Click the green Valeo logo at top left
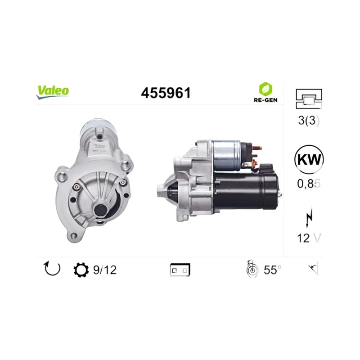click(52, 92)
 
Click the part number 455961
click(166, 93)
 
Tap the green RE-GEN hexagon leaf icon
click(265, 89)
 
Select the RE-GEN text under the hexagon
click(265, 100)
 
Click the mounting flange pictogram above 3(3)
click(309, 99)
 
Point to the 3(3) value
click(309, 121)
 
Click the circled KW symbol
click(309, 159)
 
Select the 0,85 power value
click(309, 184)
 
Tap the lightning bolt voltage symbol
click(309, 217)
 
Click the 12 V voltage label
click(309, 238)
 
